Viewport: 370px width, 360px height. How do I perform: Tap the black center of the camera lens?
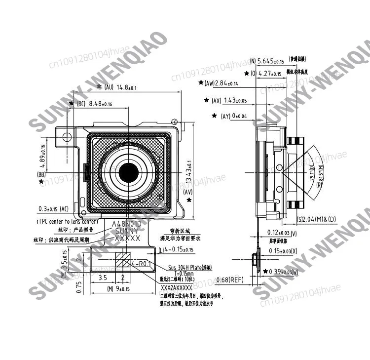point(129,172)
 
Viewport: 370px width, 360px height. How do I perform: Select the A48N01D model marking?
point(127,224)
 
